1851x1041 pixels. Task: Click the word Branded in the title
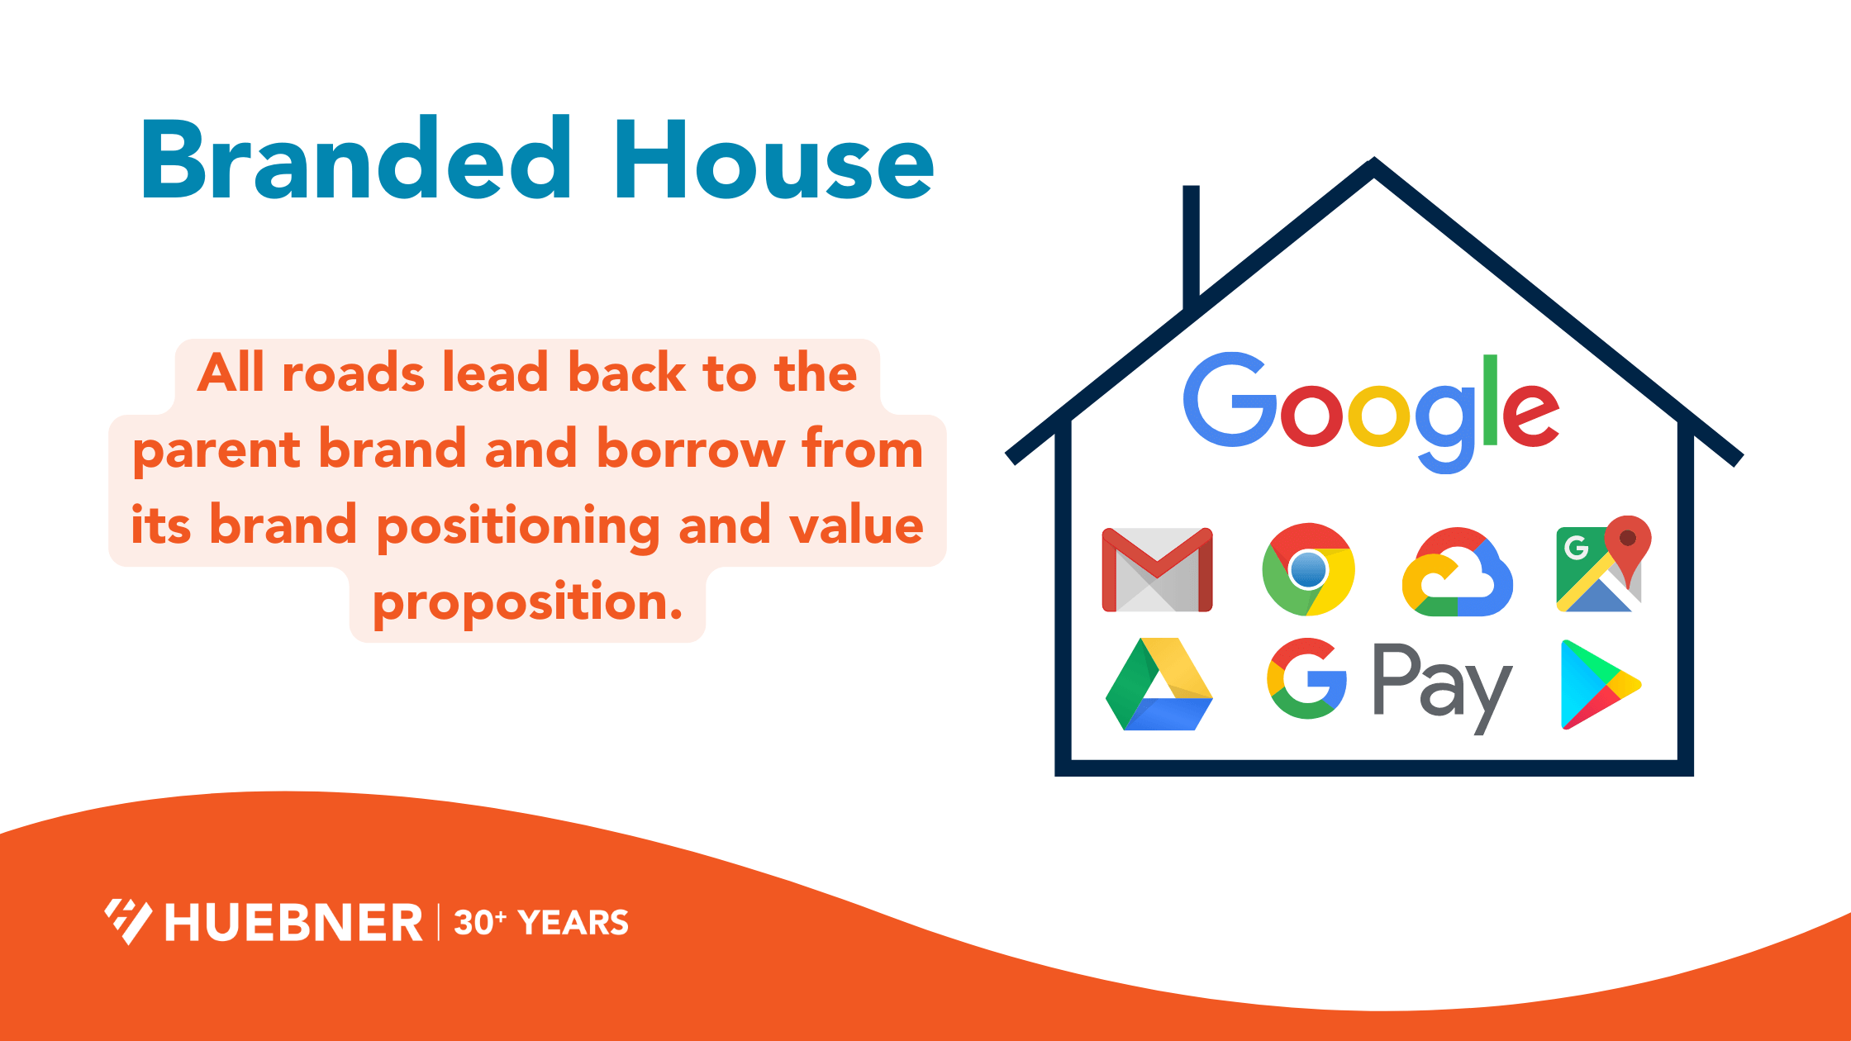[355, 159]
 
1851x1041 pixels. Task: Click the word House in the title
[773, 159]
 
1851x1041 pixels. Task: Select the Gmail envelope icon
[1157, 570]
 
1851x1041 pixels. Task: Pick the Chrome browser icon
[1308, 569]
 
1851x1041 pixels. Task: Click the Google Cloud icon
[1458, 573]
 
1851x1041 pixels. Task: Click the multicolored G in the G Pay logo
[1306, 679]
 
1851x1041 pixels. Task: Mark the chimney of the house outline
[1191, 244]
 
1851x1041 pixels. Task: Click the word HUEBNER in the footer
[293, 923]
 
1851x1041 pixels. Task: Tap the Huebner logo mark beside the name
[128, 920]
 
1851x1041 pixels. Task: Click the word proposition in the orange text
[527, 603]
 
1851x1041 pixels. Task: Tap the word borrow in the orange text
[690, 450]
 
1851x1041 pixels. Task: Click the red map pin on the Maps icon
[1628, 541]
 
